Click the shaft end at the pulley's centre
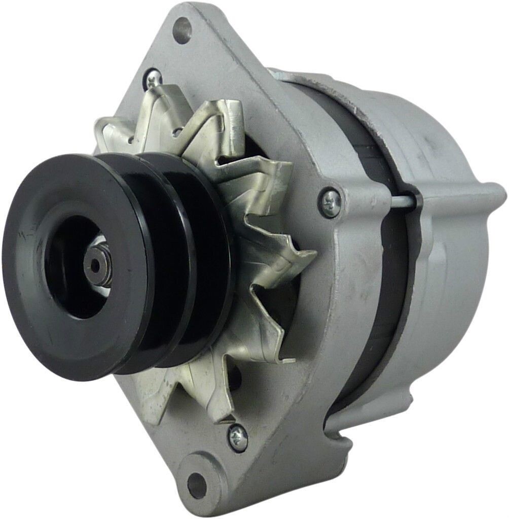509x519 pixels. tap(95, 264)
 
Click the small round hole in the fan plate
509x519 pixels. tap(176, 133)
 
